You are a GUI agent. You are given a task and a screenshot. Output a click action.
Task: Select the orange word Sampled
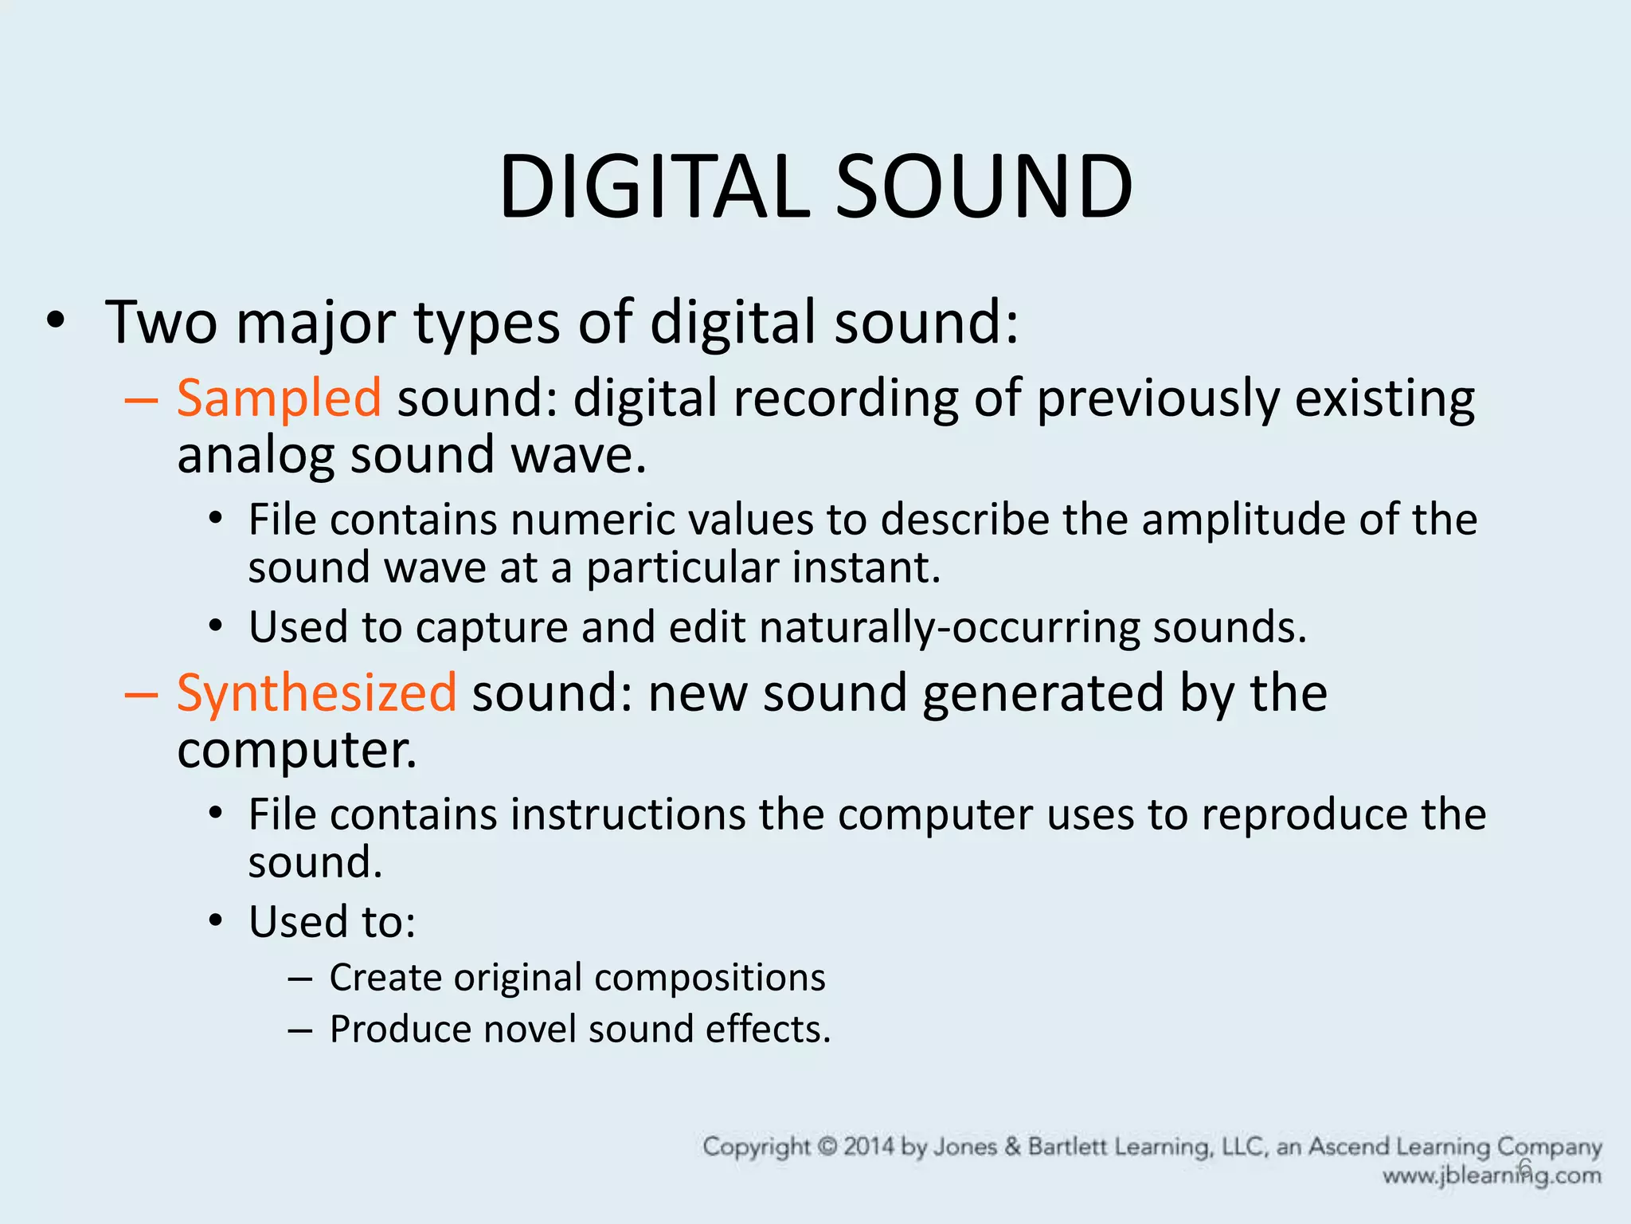pyautogui.click(x=279, y=398)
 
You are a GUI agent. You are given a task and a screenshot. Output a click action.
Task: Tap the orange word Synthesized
pyautogui.click(x=316, y=692)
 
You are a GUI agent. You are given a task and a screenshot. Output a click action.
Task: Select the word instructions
pyautogui.click(x=628, y=814)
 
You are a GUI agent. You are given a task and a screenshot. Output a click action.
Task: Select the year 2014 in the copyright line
pyautogui.click(x=869, y=1147)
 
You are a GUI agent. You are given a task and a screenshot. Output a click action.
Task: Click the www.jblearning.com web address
pyautogui.click(x=1491, y=1176)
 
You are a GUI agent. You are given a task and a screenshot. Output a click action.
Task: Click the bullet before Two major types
pyautogui.click(x=55, y=322)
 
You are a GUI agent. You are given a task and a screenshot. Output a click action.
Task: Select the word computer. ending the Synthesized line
pyautogui.click(x=296, y=751)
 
